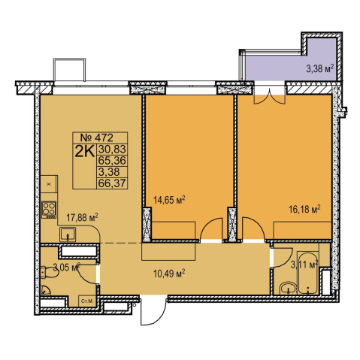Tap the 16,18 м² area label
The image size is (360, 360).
click(305, 209)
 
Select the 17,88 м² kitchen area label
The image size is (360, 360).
click(82, 217)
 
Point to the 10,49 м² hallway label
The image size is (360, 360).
click(169, 274)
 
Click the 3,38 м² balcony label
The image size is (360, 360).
click(320, 68)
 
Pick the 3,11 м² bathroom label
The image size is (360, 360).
click(304, 265)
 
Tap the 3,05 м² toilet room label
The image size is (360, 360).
click(67, 267)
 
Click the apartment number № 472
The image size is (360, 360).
click(97, 138)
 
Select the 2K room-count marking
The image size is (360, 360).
click(85, 151)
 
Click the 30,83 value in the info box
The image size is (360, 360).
click(112, 150)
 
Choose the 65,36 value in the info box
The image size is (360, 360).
click(112, 161)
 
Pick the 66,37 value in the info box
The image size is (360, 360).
click(112, 183)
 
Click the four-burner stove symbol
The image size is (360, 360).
click(49, 210)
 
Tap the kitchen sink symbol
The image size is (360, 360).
click(68, 234)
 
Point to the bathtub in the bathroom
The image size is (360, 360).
click(307, 273)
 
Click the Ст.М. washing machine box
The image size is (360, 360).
click(87, 301)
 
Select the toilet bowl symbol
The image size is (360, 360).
click(50, 272)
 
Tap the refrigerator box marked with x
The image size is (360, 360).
click(49, 184)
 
